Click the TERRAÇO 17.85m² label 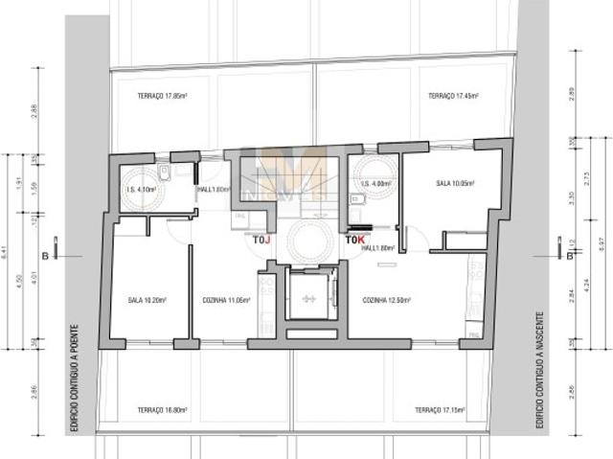pos(160,96)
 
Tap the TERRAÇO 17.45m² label pos(452,96)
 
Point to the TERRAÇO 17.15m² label pos(441,409)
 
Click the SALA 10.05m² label pos(456,182)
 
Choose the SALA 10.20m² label pos(148,300)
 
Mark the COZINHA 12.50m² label pos(386,300)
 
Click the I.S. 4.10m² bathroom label pos(141,189)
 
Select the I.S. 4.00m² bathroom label pos(375,183)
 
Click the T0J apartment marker pos(261,241)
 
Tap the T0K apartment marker pos(354,241)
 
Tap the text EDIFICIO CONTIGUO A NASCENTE pos(539,369)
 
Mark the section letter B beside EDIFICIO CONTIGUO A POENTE pos(45,256)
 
